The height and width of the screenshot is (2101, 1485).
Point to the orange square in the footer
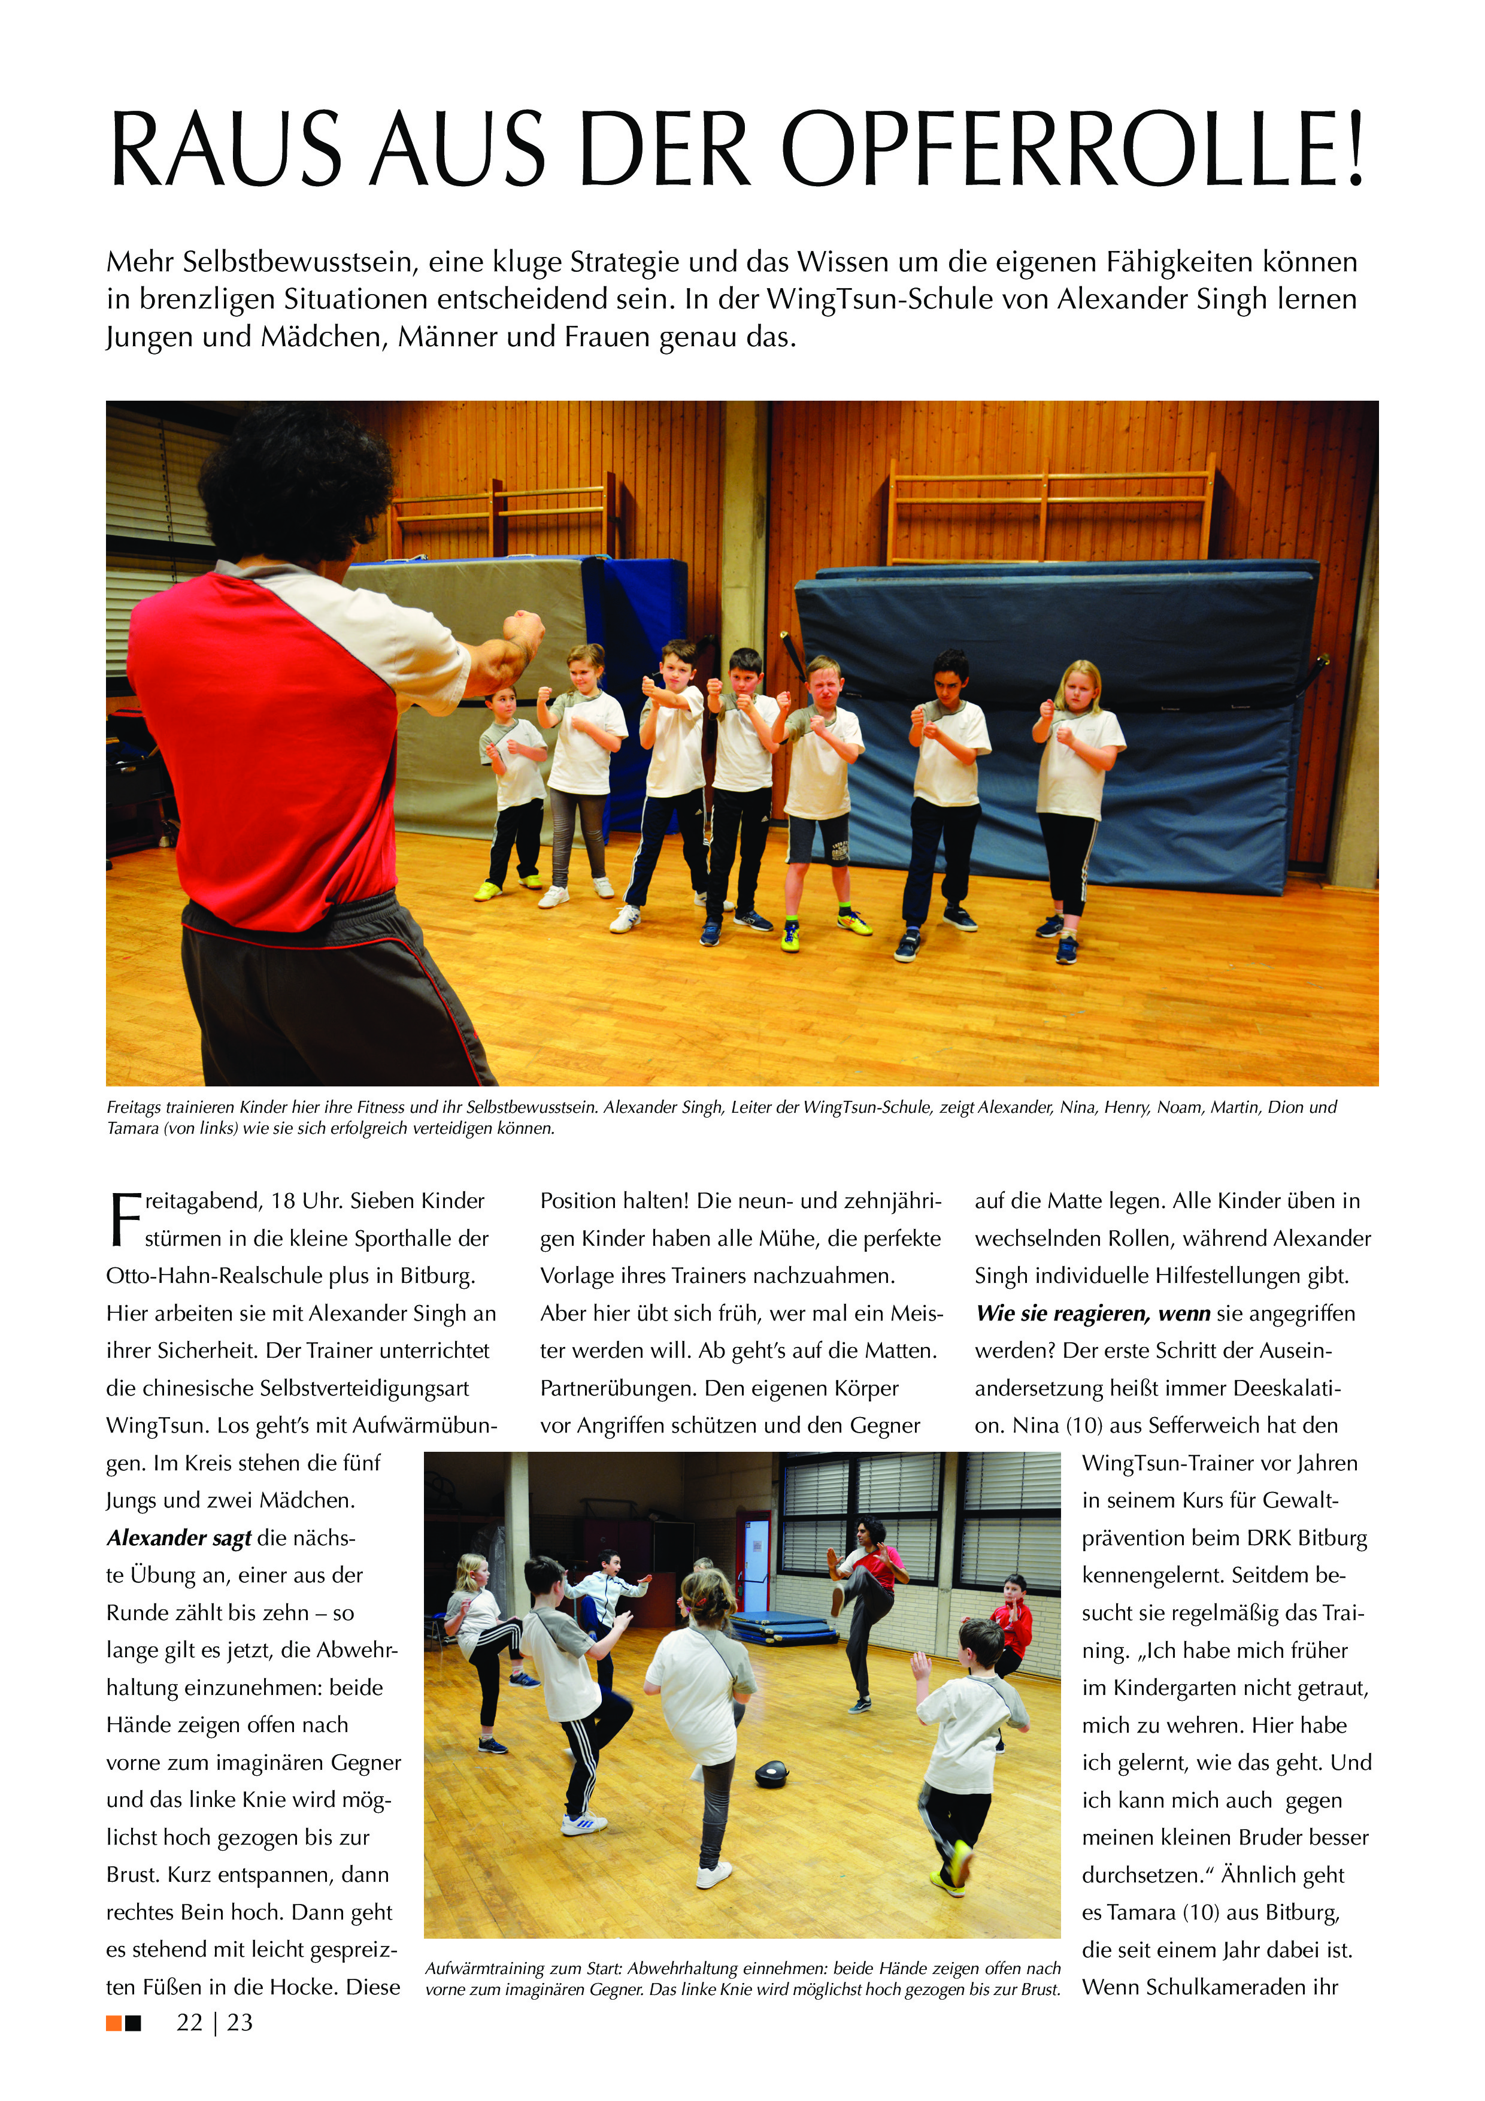(113, 2023)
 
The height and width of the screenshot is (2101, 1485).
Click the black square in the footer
(134, 2023)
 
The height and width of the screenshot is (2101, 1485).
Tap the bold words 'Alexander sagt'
(178, 1537)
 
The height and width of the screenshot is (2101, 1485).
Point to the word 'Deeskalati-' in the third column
(1286, 1388)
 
